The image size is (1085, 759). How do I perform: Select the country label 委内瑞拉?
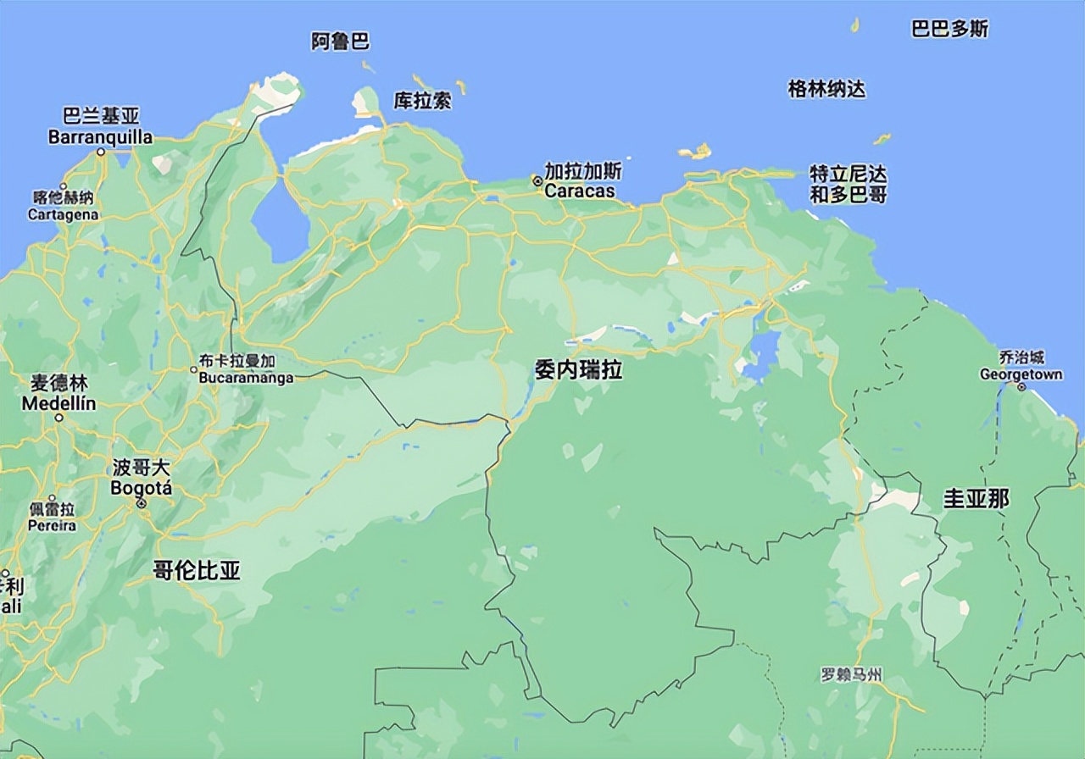578,368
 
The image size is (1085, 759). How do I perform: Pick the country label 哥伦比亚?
197,570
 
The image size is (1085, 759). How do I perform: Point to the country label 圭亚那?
976,498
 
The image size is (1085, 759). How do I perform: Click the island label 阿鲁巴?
340,41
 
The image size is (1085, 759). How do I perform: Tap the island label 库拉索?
422,101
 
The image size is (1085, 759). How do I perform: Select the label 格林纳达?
826,88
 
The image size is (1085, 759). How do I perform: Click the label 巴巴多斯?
949,29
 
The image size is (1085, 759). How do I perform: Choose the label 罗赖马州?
851,675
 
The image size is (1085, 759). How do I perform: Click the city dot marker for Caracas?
537,180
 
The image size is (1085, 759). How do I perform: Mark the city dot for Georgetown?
1021,386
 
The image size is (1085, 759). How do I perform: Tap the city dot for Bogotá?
142,503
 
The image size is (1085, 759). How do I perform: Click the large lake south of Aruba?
280,222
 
